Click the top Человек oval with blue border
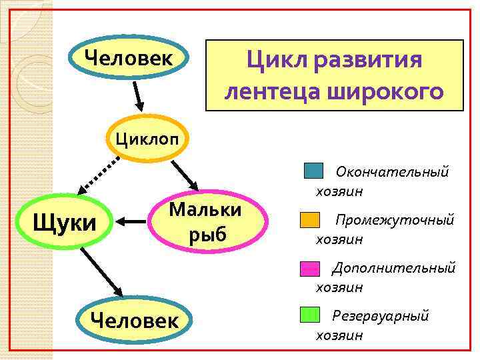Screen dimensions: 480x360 (x=127, y=59)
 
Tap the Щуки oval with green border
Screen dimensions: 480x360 (x=65, y=222)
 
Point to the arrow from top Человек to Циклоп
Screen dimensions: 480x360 (x=138, y=95)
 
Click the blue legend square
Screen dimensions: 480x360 (x=313, y=171)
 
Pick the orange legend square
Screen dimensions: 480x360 (x=309, y=220)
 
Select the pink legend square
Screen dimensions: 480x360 (x=309, y=268)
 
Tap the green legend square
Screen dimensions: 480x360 (x=309, y=315)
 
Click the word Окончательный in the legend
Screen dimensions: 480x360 (x=392, y=172)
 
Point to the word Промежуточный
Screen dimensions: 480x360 (x=394, y=220)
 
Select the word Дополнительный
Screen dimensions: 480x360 (x=393, y=268)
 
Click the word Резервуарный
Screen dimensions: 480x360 (x=380, y=315)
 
